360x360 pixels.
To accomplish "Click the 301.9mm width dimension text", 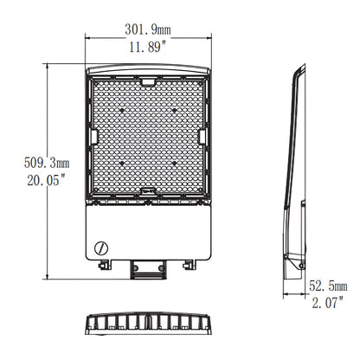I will [149, 29].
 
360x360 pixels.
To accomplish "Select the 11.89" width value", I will [149, 48].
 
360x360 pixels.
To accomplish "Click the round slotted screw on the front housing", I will [102, 246].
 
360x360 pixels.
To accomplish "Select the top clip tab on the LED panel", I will [149, 82].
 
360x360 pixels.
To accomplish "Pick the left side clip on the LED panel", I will [91, 136].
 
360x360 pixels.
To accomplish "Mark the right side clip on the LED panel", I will [204, 136].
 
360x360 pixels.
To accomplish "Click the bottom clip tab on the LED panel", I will [149, 192].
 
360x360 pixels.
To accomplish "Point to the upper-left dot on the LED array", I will [121, 111].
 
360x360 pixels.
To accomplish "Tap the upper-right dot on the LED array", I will [175, 111].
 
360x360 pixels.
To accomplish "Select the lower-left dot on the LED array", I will [121, 163].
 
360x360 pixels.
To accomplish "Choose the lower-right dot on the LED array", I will [175, 163].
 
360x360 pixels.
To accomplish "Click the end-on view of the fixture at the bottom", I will [148, 325].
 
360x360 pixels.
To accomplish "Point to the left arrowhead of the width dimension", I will [87, 39].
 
